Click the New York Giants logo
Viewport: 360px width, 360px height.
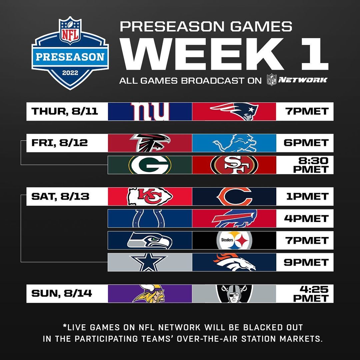(x=150, y=111)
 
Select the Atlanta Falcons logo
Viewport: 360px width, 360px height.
(x=150, y=143)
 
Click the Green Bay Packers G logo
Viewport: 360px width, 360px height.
(x=150, y=165)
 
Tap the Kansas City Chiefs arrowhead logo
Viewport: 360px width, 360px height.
(x=150, y=196)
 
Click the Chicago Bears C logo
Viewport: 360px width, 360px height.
(x=235, y=196)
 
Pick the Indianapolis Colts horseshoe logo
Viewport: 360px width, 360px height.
(x=150, y=219)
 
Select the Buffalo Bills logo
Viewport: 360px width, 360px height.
(x=235, y=219)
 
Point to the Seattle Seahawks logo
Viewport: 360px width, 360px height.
(x=150, y=240)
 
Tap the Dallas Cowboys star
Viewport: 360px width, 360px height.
(x=150, y=262)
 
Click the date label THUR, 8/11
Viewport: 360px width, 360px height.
(x=65, y=111)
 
